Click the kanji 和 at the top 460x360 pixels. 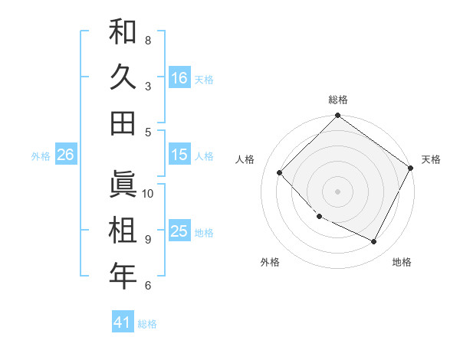(123, 31)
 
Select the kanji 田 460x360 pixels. (123, 123)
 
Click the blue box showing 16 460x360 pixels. (179, 77)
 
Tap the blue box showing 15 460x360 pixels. (179, 155)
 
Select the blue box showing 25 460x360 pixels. (179, 231)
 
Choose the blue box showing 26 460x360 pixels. (65, 155)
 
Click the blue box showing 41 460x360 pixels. (123, 322)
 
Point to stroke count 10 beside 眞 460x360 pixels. (149, 193)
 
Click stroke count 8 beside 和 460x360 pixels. (148, 39)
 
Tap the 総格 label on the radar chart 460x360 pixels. (338, 100)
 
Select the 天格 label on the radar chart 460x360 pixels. (431, 159)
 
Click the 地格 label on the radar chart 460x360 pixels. (402, 262)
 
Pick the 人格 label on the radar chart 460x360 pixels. (245, 159)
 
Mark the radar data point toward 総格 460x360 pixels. (338, 116)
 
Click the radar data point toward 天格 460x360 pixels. (410, 168)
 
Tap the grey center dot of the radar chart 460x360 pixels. (338, 191)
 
